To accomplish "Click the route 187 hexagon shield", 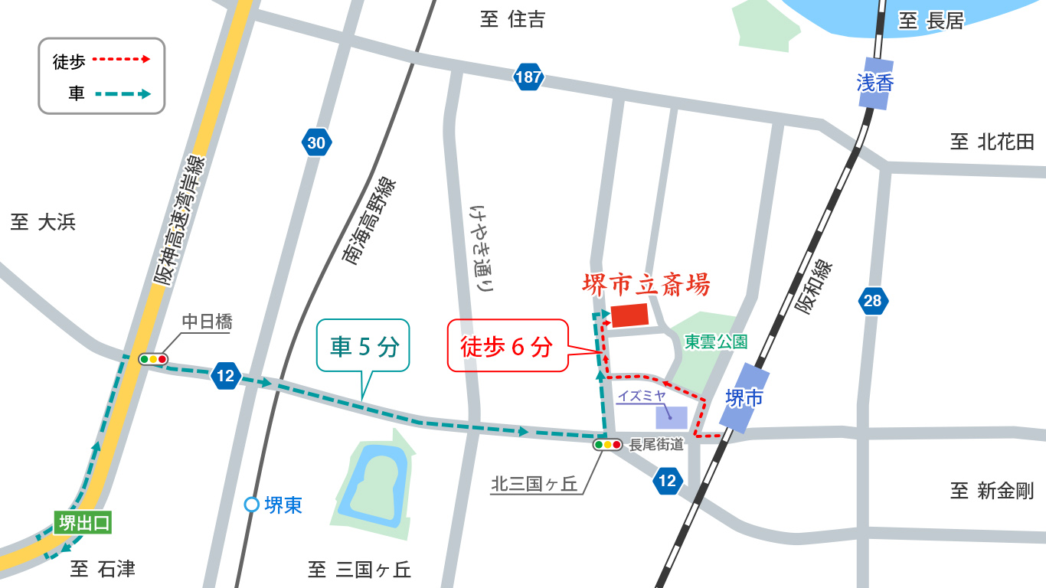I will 528,77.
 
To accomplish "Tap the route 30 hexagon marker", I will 316,142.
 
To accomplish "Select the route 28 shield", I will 873,301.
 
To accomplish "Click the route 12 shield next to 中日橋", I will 225,376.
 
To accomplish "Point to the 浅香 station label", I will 875,83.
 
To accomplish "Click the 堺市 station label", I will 745,398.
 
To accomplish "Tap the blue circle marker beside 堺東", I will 251,505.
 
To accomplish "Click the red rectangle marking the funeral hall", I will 629,315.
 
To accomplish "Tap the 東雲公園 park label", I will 716,341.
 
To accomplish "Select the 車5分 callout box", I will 364,348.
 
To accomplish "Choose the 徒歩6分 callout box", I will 506,346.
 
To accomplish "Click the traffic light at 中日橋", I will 153,358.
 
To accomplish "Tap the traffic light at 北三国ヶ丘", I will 607,444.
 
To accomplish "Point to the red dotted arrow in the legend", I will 121,59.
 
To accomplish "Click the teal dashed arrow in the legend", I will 123,94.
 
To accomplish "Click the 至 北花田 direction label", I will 992,142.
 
